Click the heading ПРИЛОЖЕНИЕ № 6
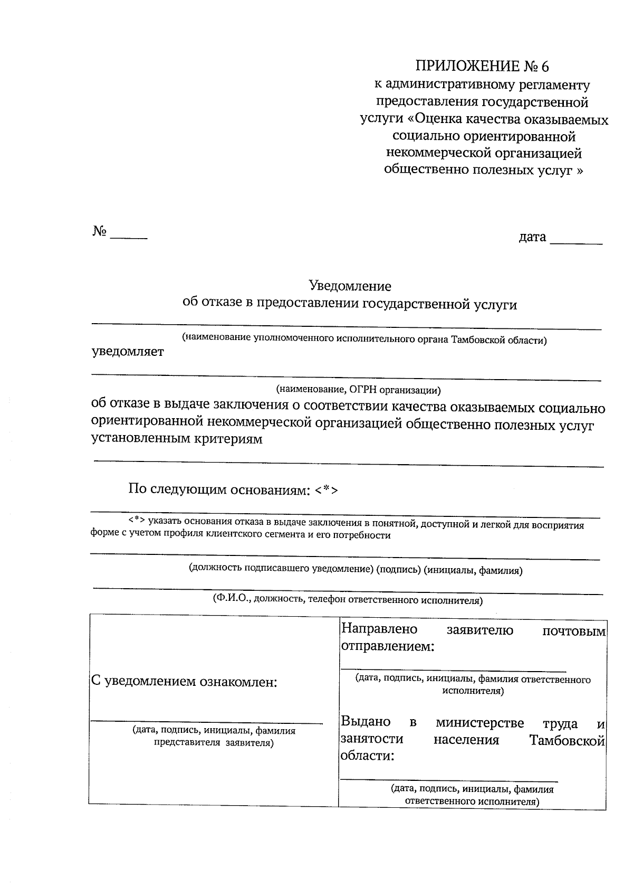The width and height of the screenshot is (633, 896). pos(482,67)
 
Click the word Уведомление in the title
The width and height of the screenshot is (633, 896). pos(350,286)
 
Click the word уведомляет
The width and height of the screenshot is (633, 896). pos(128,352)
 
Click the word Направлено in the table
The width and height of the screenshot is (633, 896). pos(379,629)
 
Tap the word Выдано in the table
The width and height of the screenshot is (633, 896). pos(366,722)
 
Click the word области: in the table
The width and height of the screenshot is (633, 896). pos(367,756)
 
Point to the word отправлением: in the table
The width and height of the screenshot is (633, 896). pos(387,646)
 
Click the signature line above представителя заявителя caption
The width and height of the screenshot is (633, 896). pos(206,722)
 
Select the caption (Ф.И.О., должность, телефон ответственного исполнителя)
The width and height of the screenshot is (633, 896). pos(348,600)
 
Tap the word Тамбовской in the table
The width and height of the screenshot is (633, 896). pos(567,741)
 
